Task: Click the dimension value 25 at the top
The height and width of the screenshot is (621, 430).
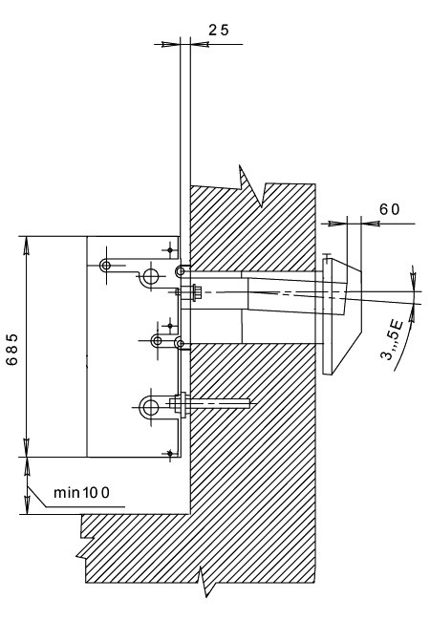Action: pos(219,30)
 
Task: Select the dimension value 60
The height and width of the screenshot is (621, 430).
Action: pos(390,209)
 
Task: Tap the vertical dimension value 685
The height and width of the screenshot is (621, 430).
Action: pos(12,350)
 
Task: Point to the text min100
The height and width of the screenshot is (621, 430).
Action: pos(81,493)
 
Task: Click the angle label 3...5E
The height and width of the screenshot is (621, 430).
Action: pos(392,340)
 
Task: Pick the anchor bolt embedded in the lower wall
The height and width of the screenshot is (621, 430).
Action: pos(210,404)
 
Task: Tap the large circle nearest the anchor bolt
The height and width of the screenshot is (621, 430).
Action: pos(150,407)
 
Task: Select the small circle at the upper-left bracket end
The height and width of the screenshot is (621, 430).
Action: pos(105,265)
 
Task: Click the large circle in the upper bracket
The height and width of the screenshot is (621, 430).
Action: pos(151,276)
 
